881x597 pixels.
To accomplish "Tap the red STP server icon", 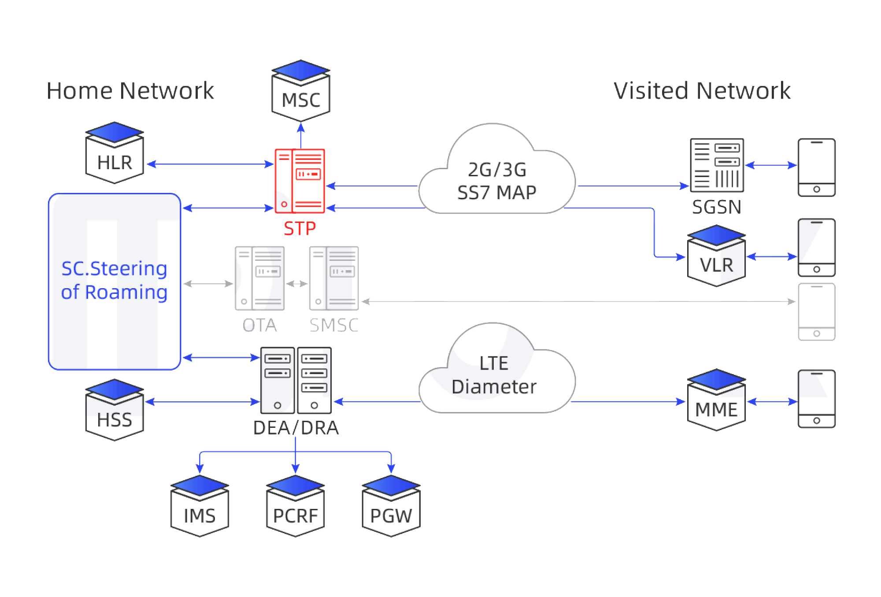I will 300,181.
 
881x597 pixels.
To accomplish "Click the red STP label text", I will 300,229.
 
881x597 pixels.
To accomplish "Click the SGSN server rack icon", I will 717,165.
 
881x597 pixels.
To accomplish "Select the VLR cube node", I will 716,256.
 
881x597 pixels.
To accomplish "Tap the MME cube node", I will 716,400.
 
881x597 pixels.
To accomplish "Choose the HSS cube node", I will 115,411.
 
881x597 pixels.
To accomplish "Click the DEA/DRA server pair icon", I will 296,380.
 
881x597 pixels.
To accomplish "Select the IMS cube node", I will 200,507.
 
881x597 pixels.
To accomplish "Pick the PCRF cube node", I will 295,507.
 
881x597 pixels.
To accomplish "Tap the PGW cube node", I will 391,507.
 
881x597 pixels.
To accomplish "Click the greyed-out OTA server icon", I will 259,278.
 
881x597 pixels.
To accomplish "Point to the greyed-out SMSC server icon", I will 334,278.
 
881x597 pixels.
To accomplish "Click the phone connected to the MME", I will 816,399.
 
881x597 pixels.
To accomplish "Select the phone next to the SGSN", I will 816,168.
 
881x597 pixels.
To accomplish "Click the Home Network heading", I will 130,91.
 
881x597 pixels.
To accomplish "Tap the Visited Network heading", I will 702,91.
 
